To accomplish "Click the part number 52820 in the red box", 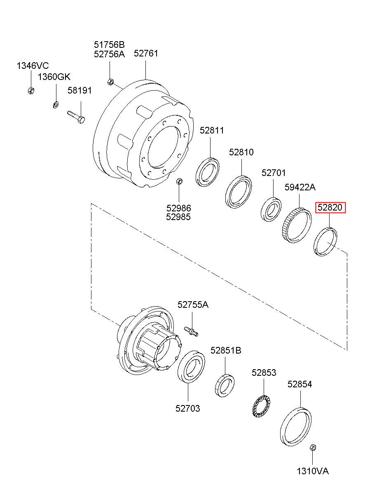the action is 330,207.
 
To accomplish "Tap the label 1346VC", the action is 33,66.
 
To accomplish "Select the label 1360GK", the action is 54,77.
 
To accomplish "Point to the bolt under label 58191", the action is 76,117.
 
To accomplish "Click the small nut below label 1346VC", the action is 31,90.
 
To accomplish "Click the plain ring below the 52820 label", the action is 325,241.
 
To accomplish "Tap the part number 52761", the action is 146,54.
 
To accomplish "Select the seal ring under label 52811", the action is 207,172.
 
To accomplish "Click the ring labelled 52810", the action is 239,192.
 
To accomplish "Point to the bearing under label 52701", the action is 271,209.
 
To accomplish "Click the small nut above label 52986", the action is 179,181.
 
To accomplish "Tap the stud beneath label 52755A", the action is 191,331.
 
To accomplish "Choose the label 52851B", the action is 226,350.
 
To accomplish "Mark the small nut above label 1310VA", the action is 313,447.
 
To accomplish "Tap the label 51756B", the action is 109,45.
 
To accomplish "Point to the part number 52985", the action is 178,217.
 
